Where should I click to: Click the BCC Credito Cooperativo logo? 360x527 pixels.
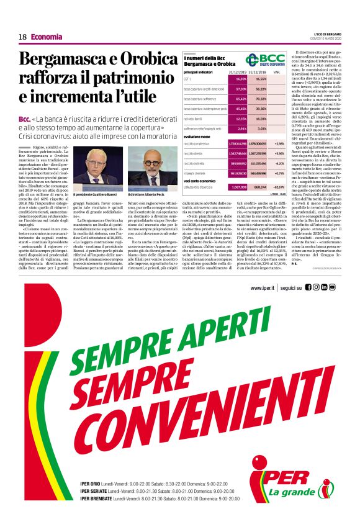(264, 60)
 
